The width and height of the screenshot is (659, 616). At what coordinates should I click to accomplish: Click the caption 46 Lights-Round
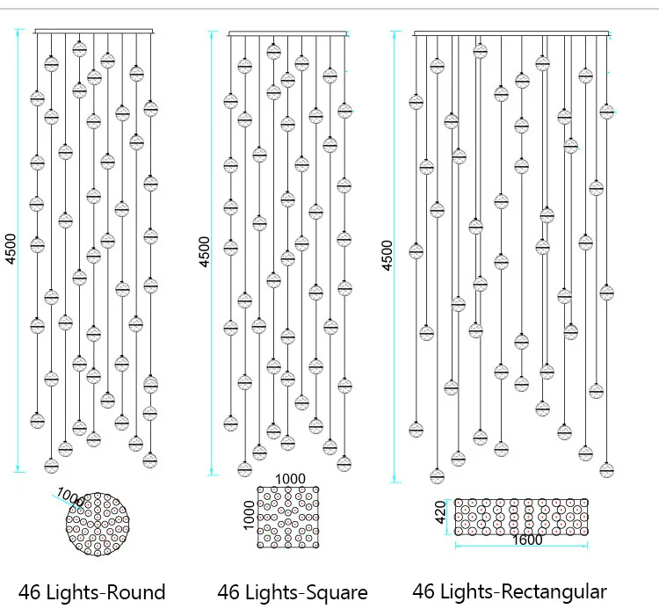pos(91,592)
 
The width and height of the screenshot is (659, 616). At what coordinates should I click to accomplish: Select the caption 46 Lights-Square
pos(293,593)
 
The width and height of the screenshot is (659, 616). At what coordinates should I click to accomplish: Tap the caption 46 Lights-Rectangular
pos(510,592)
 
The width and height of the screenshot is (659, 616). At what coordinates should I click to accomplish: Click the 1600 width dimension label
pos(527,540)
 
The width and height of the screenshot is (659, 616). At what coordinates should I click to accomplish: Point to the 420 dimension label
pos(441,511)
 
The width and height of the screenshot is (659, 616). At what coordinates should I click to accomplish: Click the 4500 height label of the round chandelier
pos(11,247)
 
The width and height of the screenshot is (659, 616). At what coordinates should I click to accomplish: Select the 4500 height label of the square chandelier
pos(205,251)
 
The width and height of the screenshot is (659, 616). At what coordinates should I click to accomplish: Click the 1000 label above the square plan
pos(290,479)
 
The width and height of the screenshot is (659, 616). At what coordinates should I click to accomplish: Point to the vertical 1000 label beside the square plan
pos(250,516)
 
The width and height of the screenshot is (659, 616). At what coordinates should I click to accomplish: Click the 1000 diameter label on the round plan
pos(70,498)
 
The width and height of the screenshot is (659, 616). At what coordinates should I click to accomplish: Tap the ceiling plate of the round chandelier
pos(97,33)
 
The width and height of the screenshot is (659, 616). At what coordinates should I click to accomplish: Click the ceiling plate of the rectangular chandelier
pos(511,34)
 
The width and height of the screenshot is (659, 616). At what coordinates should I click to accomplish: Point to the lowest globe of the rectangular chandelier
pos(438,476)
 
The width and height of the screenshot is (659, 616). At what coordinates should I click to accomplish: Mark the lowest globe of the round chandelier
pos(52,466)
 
